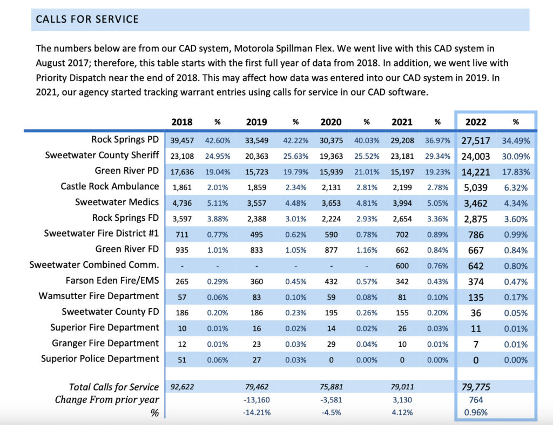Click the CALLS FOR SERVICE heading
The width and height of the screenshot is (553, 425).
click(87, 19)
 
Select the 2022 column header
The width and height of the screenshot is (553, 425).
click(476, 122)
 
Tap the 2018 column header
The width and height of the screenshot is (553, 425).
click(181, 122)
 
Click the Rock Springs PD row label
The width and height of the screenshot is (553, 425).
click(125, 140)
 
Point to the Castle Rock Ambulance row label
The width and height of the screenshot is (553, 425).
click(110, 186)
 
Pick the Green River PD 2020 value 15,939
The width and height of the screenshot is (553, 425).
click(331, 172)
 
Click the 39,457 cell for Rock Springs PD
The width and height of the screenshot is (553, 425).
click(182, 141)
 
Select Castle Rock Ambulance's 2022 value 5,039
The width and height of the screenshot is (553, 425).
click(476, 187)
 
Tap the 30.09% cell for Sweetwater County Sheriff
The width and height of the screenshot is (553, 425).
click(516, 157)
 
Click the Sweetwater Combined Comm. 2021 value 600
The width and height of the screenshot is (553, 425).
click(402, 266)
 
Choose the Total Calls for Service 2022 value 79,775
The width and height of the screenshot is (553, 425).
click(476, 387)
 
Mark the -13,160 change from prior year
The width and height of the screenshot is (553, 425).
click(257, 400)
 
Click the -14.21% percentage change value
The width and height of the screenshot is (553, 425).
click(257, 413)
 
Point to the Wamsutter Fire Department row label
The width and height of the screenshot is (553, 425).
click(99, 296)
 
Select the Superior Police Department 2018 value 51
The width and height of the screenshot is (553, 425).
click(182, 360)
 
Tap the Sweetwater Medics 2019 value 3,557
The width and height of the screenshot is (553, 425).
click(257, 204)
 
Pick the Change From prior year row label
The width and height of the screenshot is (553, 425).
click(107, 400)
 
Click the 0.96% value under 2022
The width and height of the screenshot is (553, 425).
click(476, 413)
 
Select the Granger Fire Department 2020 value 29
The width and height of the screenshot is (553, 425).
click(331, 344)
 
